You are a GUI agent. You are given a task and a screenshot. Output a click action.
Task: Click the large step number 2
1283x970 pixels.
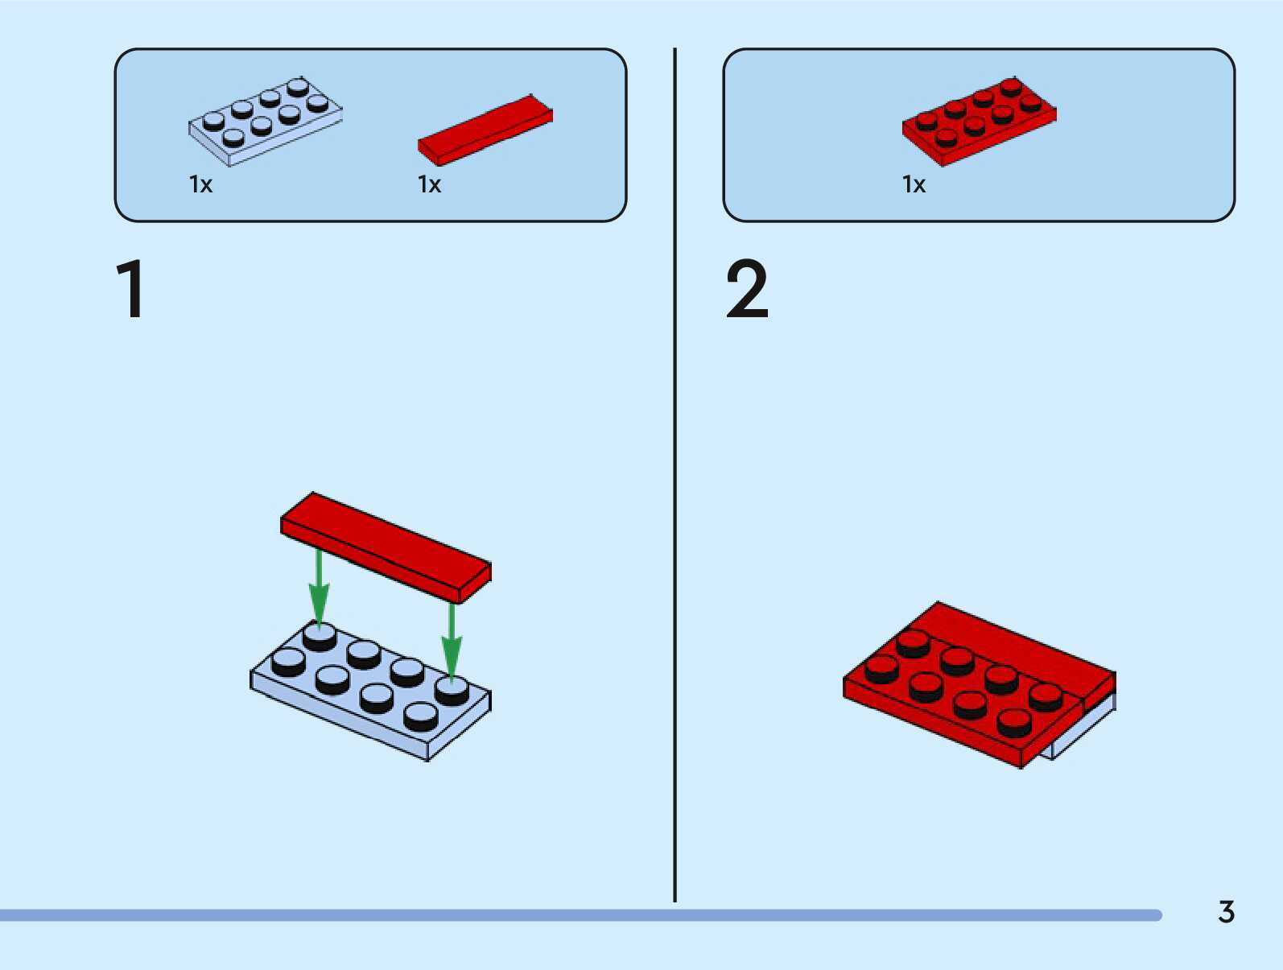tap(747, 289)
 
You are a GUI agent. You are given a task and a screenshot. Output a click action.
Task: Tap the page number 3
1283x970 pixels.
tap(1226, 912)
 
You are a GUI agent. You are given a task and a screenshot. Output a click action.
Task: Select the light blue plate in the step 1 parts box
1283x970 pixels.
tap(265, 121)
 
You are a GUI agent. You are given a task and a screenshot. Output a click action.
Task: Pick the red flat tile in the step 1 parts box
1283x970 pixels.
tap(485, 130)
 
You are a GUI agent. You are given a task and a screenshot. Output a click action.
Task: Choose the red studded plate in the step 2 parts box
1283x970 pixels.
tap(979, 122)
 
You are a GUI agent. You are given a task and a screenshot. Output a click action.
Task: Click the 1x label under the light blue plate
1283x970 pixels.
tap(200, 185)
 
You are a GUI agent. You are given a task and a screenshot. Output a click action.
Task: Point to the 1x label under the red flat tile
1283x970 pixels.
tap(429, 185)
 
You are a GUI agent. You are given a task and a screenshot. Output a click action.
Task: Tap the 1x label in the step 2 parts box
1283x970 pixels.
tap(914, 185)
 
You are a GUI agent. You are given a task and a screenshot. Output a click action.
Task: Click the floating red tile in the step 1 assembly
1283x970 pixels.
tap(385, 546)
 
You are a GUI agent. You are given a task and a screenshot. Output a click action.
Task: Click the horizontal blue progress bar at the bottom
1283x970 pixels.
tap(580, 915)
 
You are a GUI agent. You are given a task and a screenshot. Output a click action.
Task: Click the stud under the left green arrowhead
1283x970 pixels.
tap(320, 637)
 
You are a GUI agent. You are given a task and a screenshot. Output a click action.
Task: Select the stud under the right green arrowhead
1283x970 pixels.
tap(452, 690)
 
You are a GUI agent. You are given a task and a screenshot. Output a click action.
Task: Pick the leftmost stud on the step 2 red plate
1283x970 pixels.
tap(881, 669)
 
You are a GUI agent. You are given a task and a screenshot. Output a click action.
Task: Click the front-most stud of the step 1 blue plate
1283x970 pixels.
tap(420, 716)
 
